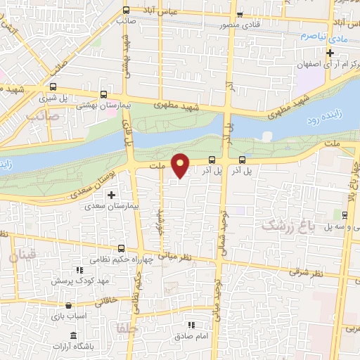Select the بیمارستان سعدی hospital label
(104, 207)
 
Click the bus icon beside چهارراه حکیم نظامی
(122, 247)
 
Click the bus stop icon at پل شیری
(103, 94)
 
